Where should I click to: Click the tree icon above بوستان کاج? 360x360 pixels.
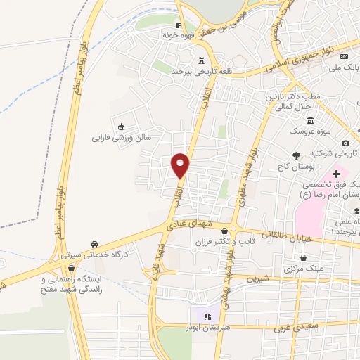click(x=298, y=155)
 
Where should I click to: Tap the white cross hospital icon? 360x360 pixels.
click(x=336, y=173)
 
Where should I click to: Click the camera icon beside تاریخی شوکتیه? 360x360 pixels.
click(x=345, y=143)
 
